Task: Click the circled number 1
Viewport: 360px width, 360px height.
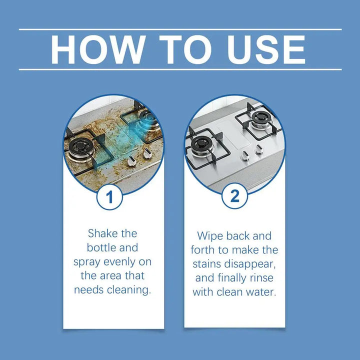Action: tap(110, 196)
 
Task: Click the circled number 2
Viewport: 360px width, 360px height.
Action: tap(235, 196)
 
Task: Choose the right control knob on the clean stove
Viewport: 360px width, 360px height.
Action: tap(258, 149)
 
